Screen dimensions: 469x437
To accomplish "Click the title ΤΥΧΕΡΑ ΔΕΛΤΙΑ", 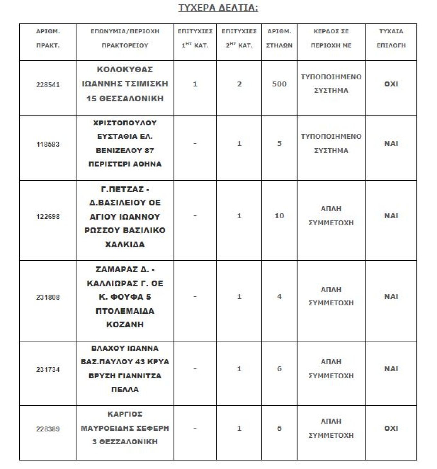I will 218,8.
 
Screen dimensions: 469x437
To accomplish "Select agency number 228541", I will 48,85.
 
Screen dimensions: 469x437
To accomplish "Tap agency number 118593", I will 48,144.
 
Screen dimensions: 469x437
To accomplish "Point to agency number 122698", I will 48,217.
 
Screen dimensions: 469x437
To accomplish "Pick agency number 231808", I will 48,297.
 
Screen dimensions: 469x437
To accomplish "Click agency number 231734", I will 48,370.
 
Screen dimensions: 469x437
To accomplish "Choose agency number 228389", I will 48,429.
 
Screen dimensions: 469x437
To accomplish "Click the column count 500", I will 279,84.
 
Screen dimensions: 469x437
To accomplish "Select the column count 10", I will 279,216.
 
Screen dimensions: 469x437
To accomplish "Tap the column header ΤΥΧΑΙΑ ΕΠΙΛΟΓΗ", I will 391,38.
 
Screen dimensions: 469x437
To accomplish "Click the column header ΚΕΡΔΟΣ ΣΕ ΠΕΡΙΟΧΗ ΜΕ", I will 331,38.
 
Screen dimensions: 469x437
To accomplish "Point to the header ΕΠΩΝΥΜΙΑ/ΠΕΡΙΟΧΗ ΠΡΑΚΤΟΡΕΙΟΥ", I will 125,38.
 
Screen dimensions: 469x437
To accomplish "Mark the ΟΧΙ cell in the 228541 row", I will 391,84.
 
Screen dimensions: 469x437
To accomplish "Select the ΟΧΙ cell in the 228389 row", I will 391,428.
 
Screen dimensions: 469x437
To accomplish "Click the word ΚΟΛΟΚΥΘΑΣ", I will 125,70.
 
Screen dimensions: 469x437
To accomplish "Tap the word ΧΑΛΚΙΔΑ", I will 125,245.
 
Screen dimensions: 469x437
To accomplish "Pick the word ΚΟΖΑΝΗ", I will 125,325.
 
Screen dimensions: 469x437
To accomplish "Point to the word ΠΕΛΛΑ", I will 125,390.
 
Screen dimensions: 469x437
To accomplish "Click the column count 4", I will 279,297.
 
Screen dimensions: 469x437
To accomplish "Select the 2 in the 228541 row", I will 239,84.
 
